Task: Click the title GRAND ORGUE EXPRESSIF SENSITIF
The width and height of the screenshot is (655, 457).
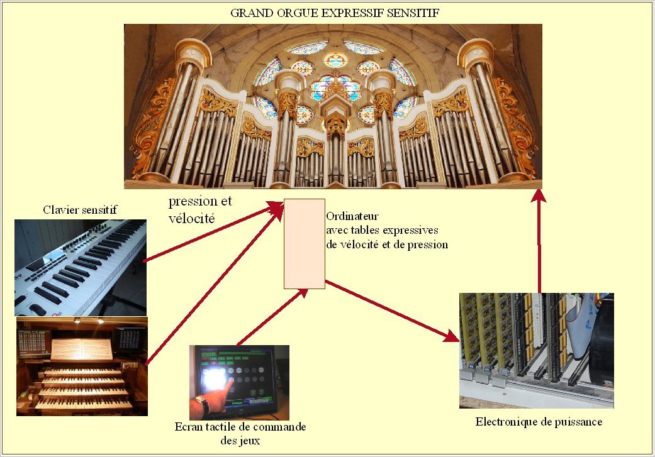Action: point(335,13)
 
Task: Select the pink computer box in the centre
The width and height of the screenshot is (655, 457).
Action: point(305,244)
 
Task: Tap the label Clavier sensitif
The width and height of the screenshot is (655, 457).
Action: point(80,209)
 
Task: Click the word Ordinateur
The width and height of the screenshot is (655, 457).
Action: point(352,216)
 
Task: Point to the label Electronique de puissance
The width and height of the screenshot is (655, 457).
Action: point(539,422)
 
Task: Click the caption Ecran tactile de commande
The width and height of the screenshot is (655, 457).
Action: point(240,427)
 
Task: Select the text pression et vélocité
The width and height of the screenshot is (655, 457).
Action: point(200,209)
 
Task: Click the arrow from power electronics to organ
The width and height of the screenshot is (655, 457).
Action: point(539,241)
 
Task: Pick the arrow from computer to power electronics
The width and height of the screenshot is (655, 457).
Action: point(392,311)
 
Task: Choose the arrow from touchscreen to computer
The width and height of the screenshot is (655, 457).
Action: point(272,317)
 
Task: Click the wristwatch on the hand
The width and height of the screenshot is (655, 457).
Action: point(201,404)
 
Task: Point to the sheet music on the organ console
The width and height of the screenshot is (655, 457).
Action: point(81,349)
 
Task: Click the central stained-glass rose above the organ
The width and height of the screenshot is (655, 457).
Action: point(335,60)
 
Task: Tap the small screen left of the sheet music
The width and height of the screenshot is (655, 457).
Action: point(33,343)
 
